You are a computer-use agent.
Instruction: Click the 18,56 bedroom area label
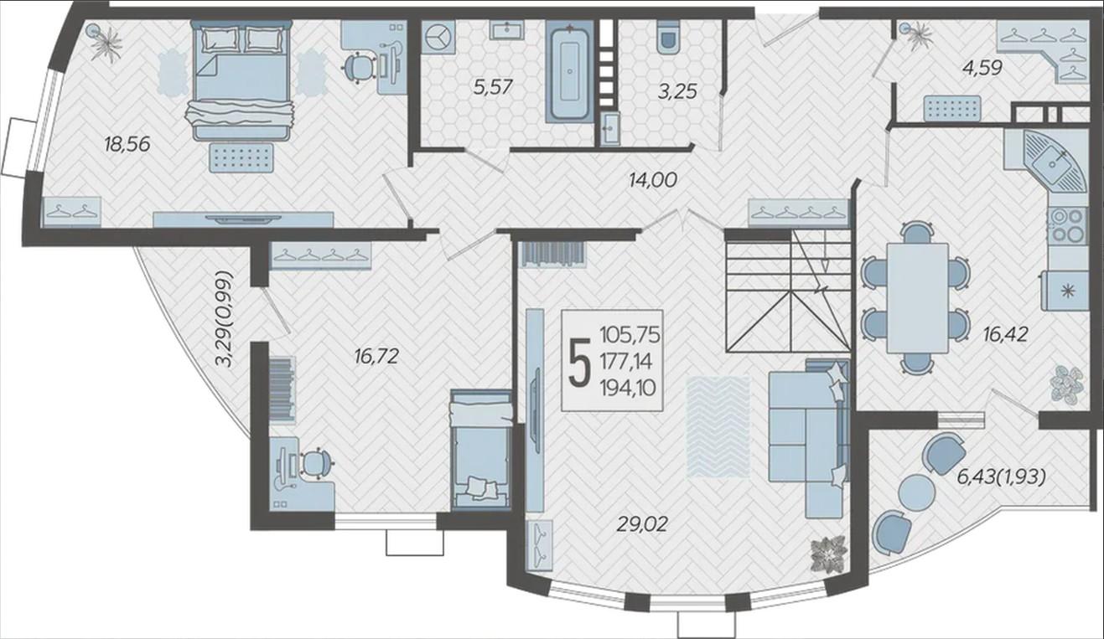[127, 144]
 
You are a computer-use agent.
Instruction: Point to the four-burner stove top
[1068, 225]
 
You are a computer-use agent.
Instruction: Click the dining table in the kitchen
[917, 298]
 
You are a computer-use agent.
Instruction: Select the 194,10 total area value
[628, 389]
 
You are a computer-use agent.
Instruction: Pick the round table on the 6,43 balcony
[917, 492]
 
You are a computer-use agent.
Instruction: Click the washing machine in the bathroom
[438, 36]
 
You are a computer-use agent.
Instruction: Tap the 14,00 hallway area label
[652, 180]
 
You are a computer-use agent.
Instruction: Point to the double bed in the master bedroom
[240, 80]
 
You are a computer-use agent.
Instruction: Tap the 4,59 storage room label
[982, 68]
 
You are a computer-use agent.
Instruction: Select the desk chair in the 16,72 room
[315, 464]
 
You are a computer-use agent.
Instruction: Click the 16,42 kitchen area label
[1005, 335]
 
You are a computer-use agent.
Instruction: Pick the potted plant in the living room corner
[829, 554]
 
